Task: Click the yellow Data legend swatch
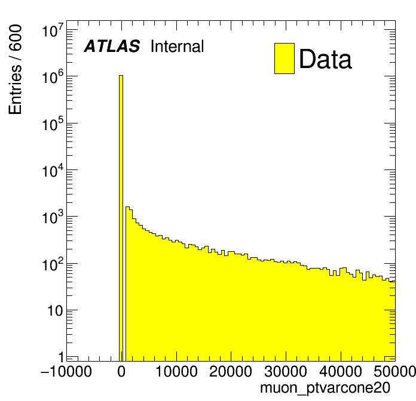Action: (285, 58)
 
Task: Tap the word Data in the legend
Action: (325, 59)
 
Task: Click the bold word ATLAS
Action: (112, 47)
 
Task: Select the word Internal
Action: (178, 47)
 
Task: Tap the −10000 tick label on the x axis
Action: (66, 372)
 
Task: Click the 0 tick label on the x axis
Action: (121, 372)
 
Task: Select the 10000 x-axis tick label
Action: (176, 372)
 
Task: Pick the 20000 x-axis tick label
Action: (231, 372)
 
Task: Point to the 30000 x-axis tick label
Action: (286, 372)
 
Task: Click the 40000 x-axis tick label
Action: (341, 372)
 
